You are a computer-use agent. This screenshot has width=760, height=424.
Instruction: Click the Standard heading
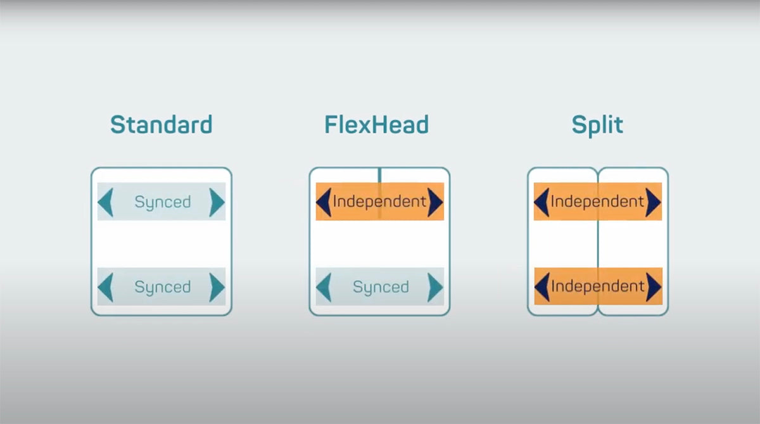[x=161, y=125]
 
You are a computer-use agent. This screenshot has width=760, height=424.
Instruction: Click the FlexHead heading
[x=377, y=125]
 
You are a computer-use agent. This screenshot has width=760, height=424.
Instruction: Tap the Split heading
[x=597, y=125]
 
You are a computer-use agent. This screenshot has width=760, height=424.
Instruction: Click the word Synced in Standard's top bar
[x=163, y=202]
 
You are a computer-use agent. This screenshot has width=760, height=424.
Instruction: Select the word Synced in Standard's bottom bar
[x=163, y=287]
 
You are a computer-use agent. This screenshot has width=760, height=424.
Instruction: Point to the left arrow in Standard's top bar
[x=105, y=202]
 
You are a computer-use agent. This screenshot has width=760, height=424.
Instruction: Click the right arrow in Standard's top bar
[x=217, y=202]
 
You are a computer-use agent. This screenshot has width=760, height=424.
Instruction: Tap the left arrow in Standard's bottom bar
[x=105, y=287]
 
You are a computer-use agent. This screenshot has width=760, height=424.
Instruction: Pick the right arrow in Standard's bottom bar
[x=217, y=287]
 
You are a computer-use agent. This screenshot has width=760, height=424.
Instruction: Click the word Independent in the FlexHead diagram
[x=379, y=202]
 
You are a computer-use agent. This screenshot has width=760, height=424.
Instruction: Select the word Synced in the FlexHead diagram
[x=381, y=287]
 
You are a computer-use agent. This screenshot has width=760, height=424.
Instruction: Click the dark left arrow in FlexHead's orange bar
[x=324, y=202]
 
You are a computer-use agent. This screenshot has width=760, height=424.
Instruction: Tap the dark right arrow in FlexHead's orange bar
[x=435, y=202]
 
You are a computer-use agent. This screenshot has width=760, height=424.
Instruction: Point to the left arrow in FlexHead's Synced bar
[x=324, y=287]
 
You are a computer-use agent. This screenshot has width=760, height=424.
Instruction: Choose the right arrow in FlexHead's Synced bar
[x=435, y=287]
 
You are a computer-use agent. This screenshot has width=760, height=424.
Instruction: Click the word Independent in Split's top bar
[x=597, y=202]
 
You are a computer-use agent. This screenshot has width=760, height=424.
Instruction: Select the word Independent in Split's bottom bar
[x=598, y=286]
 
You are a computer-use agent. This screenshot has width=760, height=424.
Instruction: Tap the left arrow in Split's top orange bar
[x=541, y=202]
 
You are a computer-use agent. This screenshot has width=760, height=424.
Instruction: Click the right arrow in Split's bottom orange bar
[x=654, y=287]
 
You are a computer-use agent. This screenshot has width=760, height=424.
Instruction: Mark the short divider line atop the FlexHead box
[x=379, y=175]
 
